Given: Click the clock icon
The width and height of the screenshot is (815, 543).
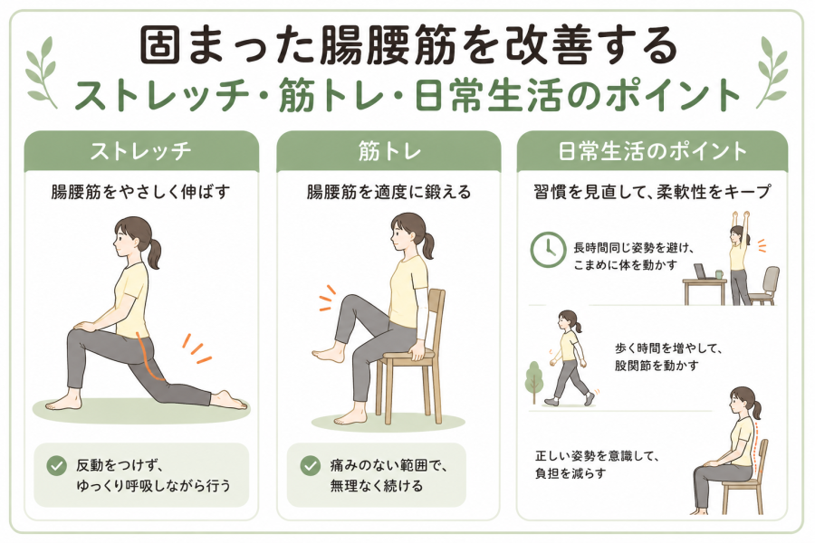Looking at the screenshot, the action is [x=548, y=250].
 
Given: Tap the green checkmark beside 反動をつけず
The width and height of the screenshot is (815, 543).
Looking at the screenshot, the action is [x=56, y=465].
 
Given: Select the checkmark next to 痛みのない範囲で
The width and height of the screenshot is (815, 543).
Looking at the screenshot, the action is [x=310, y=465].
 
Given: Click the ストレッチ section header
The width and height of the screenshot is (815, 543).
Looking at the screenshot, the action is [x=141, y=151].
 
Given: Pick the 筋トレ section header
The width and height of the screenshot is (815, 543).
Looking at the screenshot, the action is [x=388, y=151].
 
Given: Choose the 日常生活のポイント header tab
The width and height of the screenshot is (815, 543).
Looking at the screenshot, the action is [x=652, y=151].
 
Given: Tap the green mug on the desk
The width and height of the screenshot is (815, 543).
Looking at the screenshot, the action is [x=719, y=274].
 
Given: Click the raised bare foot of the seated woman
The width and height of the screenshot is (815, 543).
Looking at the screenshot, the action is [x=328, y=355].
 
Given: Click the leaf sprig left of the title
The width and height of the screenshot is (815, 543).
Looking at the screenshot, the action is [x=43, y=71].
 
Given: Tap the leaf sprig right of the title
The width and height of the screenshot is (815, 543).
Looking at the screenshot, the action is [x=772, y=71].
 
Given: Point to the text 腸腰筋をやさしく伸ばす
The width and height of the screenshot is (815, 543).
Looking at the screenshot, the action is [x=140, y=192].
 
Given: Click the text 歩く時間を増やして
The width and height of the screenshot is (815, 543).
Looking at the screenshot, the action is [x=668, y=348].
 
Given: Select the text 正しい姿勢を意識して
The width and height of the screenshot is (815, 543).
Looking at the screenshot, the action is [x=598, y=456].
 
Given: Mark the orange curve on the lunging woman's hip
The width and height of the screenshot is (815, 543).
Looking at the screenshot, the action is [x=146, y=356].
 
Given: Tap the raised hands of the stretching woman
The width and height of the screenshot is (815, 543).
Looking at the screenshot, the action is [x=740, y=214].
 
